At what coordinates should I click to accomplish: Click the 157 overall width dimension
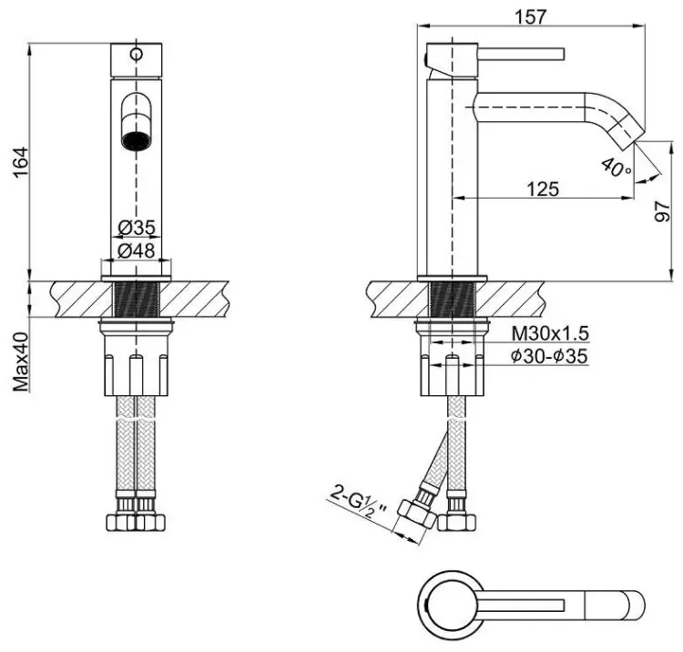(530, 16)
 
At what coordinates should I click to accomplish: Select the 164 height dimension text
(20, 162)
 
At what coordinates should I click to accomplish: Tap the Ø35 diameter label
(137, 227)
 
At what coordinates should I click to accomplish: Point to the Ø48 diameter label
(137, 250)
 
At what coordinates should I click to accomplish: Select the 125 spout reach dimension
(543, 189)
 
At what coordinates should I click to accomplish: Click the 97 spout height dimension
(663, 211)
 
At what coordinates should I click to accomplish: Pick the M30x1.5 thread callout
(550, 334)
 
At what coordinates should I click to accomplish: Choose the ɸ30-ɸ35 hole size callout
(550, 356)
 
